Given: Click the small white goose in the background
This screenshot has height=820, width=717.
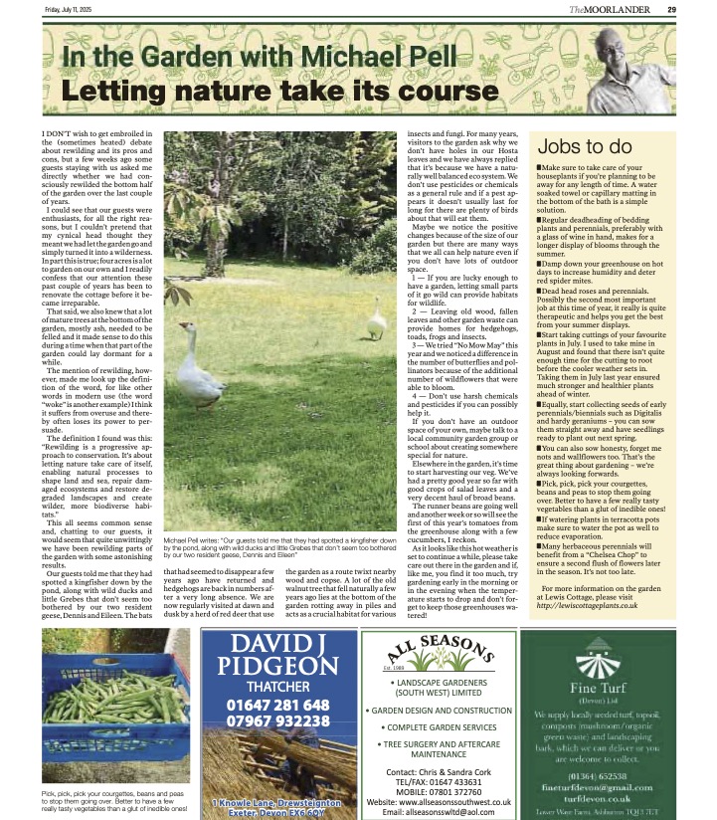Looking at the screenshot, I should [376, 317].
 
